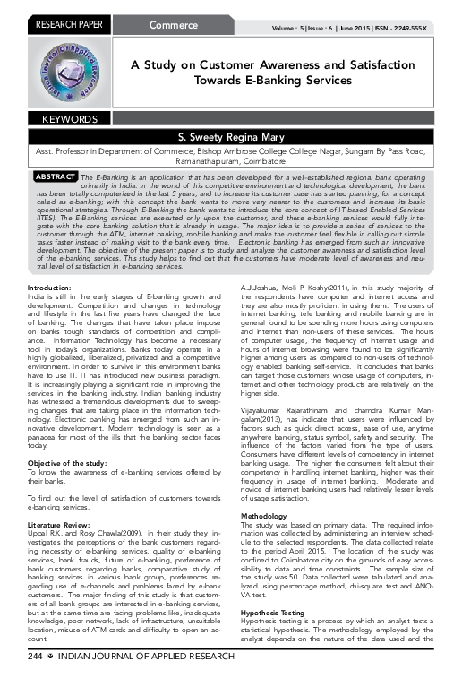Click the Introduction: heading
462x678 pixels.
[54, 261]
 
